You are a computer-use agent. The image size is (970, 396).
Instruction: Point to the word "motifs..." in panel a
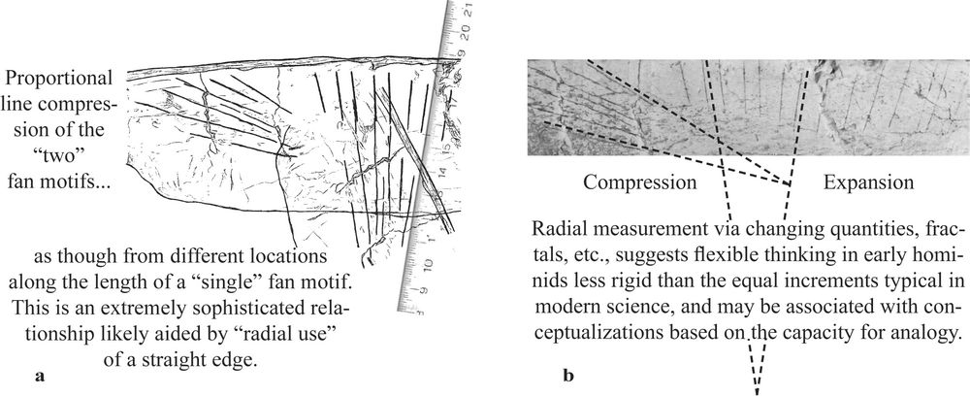tap(80, 180)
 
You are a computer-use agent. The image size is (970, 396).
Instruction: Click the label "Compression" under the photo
tap(639, 181)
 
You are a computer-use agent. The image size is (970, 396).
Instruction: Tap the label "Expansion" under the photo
tap(868, 181)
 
